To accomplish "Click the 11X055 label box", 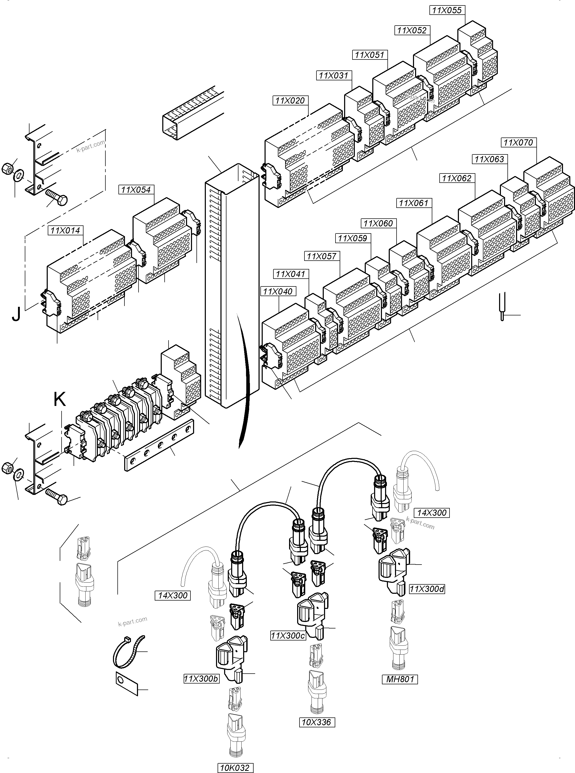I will coord(447,10).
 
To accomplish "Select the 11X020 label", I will coord(290,101).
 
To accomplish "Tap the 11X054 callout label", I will coord(136,190).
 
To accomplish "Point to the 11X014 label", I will coord(65,230).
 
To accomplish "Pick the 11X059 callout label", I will coord(352,238).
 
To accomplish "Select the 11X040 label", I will coord(278,291).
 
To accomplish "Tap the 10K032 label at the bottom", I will coord(235,765).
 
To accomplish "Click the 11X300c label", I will coord(288,636).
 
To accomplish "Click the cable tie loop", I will coord(128,652).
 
